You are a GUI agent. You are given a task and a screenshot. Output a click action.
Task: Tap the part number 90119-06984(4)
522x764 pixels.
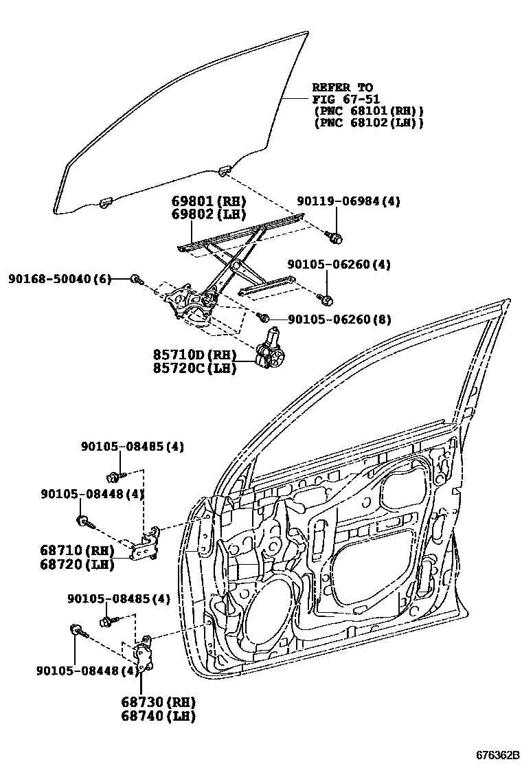coord(348,201)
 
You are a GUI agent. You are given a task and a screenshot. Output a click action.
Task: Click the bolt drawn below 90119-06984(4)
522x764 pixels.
coord(337,238)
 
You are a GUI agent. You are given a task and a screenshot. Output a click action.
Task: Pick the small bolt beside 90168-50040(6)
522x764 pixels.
coord(137,279)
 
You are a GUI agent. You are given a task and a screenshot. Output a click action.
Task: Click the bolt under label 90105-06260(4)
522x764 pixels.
coord(327,300)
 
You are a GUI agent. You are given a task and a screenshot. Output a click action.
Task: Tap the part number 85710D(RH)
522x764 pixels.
coord(195,355)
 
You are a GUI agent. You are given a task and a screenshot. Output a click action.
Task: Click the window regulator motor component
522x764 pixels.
coord(270,351)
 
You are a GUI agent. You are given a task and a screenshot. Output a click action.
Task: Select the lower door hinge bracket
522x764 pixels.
coord(143,656)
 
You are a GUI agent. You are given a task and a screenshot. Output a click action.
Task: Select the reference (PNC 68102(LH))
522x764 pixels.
coord(367,123)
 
